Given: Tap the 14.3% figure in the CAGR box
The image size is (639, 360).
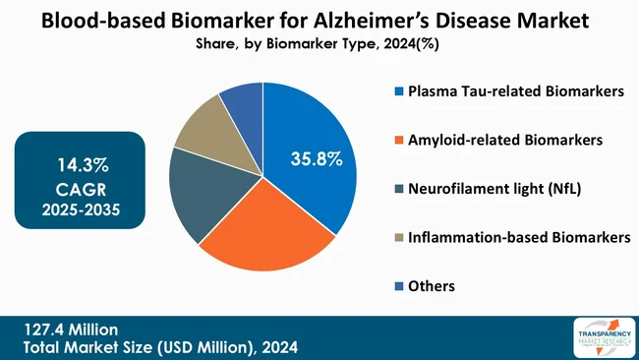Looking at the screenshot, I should (x=81, y=162).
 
